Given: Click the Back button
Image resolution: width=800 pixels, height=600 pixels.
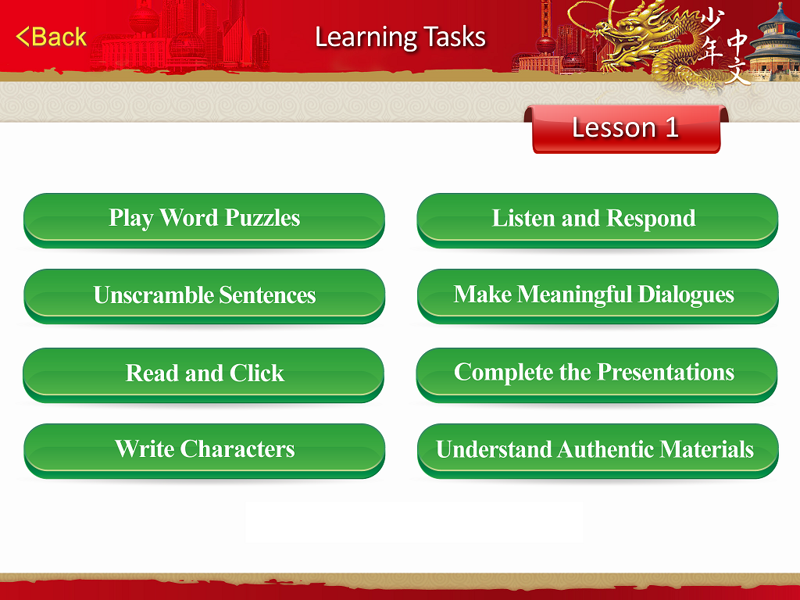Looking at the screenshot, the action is (x=51, y=37).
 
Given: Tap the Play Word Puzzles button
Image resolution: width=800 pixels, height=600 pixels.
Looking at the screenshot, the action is (x=204, y=220).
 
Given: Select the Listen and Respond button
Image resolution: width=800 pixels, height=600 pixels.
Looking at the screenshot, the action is (x=598, y=220).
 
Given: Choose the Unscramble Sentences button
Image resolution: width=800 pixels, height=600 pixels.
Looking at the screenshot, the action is (x=204, y=296).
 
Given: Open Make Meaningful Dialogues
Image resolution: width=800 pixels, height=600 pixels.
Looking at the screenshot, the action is (x=598, y=296).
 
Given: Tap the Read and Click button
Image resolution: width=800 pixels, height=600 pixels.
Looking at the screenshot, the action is (x=204, y=375).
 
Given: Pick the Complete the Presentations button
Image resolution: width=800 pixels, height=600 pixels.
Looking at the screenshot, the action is (x=597, y=375).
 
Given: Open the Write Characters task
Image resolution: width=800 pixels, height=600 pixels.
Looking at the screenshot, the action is (x=204, y=451).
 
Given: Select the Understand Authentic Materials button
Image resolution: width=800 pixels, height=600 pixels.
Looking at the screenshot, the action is (x=598, y=451).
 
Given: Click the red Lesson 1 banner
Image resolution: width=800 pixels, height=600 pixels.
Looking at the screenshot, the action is (x=626, y=129).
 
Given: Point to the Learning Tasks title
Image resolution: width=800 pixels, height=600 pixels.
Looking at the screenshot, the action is (x=401, y=37).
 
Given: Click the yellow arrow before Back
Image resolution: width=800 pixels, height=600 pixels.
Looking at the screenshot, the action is (x=23, y=37).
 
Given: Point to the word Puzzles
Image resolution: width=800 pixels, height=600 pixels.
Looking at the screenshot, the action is (x=262, y=218).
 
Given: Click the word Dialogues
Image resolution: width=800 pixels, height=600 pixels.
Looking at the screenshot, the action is (x=686, y=295).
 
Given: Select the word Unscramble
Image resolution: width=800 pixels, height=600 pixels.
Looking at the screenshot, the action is (x=153, y=295).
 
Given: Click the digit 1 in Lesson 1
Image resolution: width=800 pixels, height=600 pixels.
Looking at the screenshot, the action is (x=672, y=127).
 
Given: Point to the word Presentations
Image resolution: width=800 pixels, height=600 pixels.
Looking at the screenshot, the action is (x=666, y=372).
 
